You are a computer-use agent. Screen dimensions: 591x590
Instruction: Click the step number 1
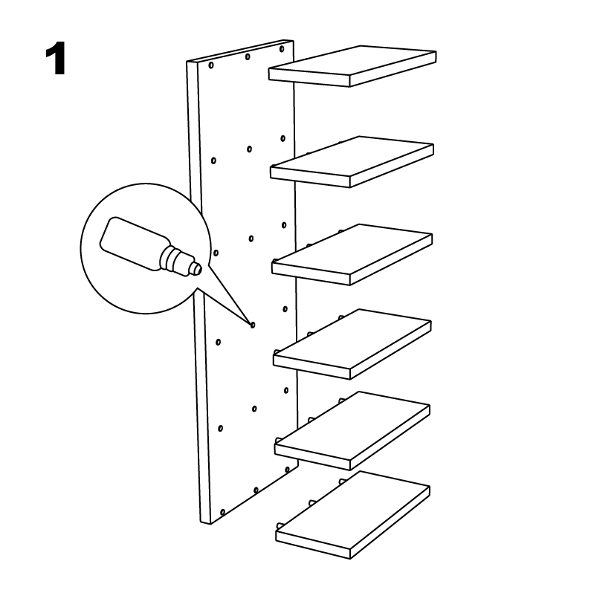pos(56,59)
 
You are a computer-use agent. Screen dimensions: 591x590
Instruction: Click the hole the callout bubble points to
pos(253,325)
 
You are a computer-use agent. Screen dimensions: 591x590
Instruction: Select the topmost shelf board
pos(352,66)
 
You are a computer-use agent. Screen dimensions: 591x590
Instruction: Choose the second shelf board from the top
pos(352,162)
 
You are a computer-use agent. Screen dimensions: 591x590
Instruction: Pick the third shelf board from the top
pos(352,254)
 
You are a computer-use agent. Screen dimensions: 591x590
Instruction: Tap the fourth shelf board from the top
pos(352,344)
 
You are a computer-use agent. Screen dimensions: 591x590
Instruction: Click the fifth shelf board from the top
pos(352,430)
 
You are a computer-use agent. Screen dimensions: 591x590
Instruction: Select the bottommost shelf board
pos(352,514)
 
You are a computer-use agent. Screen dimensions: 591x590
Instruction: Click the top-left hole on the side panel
pos(211,65)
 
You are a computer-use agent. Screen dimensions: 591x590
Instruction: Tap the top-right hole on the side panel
pos(282,49)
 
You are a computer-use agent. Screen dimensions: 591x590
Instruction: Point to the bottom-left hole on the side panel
pos(223,512)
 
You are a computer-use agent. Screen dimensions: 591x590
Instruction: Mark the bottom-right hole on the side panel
pos(287,470)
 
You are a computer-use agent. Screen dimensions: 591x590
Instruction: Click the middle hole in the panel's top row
pos(248,57)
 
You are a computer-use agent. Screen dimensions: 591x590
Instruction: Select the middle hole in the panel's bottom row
pos(256,490)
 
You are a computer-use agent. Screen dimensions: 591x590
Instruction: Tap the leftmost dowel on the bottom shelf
pos(280,526)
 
